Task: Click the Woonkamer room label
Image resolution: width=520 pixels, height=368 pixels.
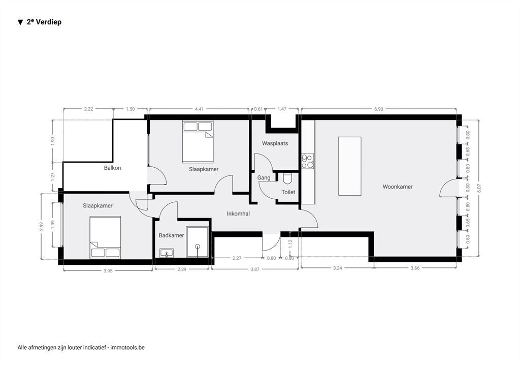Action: [397, 187]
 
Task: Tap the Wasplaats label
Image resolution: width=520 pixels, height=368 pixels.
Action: [275, 143]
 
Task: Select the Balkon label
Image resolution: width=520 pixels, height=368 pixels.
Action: [112, 168]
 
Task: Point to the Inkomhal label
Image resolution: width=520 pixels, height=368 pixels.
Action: [238, 213]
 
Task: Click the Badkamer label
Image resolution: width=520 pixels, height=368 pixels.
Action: [171, 235]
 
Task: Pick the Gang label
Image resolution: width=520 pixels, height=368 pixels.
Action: [264, 177]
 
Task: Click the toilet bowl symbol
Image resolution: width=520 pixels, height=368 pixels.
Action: [287, 178]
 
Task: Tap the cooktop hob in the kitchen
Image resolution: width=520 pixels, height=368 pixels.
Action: [308, 161]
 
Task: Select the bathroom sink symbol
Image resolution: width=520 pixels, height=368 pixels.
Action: [167, 253]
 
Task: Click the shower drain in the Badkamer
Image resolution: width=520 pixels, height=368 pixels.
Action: [198, 246]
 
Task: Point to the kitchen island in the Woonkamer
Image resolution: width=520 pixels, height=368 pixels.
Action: [349, 166]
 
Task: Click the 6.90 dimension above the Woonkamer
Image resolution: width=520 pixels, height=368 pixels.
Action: [378, 109]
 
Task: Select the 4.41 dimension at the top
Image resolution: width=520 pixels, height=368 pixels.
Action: [199, 109]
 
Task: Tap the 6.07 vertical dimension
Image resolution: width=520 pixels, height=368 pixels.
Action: [479, 188]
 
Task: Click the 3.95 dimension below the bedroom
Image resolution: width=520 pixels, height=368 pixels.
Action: [108, 271]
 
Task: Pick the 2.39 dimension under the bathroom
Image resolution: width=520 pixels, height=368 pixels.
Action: [182, 269]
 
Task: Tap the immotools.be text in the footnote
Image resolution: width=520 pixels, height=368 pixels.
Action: [127, 348]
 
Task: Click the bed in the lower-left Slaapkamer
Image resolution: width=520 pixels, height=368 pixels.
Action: [105, 237]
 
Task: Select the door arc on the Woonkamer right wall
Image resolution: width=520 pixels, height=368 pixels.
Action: [445, 188]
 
